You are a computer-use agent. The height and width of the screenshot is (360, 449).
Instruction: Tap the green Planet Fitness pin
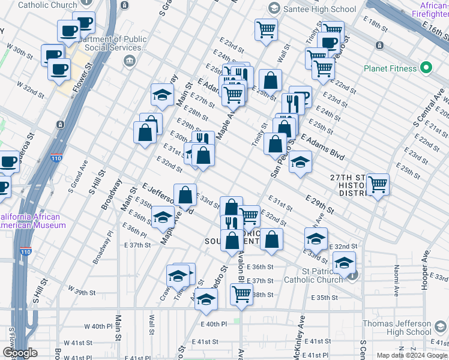point(427,68)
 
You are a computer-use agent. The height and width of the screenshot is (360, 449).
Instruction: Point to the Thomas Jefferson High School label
point(397,328)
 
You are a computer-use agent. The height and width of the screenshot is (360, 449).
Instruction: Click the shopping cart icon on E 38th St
point(241,294)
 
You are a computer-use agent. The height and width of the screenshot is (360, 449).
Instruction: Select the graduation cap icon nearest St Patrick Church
point(345,262)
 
